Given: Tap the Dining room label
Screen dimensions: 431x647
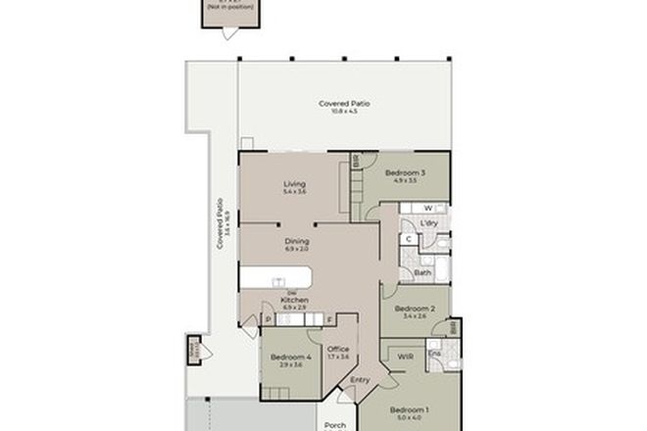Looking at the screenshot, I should [x=297, y=241].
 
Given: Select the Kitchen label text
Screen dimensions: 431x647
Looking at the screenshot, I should [x=295, y=300].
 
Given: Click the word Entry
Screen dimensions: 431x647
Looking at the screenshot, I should [x=360, y=380].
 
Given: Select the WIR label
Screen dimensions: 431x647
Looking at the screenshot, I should [x=402, y=357].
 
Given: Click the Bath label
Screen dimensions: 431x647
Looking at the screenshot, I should [x=422, y=272].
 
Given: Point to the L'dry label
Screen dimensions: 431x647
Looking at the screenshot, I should [x=428, y=223].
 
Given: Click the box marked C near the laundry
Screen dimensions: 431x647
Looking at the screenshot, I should [x=408, y=238].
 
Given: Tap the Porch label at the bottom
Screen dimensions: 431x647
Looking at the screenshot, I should [x=335, y=425].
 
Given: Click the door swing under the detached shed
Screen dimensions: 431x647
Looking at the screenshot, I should [x=228, y=34].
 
